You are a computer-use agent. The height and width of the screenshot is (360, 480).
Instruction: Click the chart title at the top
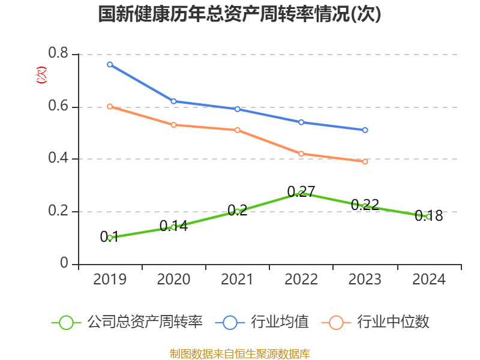click(x=239, y=14)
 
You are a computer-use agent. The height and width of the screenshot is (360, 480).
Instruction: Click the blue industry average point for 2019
click(x=110, y=64)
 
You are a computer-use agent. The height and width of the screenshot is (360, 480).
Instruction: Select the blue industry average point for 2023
click(x=365, y=130)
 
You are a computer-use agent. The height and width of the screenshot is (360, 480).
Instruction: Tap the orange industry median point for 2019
click(x=110, y=106)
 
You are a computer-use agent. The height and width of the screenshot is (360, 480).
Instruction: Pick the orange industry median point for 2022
click(x=301, y=154)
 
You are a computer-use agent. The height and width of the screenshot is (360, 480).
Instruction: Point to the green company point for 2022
click(x=301, y=193)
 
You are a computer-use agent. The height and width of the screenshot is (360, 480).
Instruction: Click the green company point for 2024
click(x=428, y=217)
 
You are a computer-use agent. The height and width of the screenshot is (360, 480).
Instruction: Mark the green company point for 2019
click(x=110, y=238)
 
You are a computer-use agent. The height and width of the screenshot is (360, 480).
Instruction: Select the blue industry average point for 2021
click(x=238, y=109)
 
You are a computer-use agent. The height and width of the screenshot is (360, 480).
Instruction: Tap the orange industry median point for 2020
click(x=173, y=125)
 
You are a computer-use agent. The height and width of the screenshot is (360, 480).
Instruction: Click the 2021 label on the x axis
click(x=238, y=280)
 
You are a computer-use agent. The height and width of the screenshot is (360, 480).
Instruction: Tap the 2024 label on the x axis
click(x=428, y=280)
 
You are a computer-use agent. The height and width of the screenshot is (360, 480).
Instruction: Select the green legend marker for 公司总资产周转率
click(x=66, y=322)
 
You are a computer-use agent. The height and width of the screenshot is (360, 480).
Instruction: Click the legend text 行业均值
click(x=280, y=322)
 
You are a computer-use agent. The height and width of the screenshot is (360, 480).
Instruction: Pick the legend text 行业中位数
click(x=393, y=322)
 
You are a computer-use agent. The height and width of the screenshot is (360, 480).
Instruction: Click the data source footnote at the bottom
click(x=239, y=353)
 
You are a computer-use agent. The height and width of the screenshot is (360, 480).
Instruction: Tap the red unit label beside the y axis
click(x=41, y=75)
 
